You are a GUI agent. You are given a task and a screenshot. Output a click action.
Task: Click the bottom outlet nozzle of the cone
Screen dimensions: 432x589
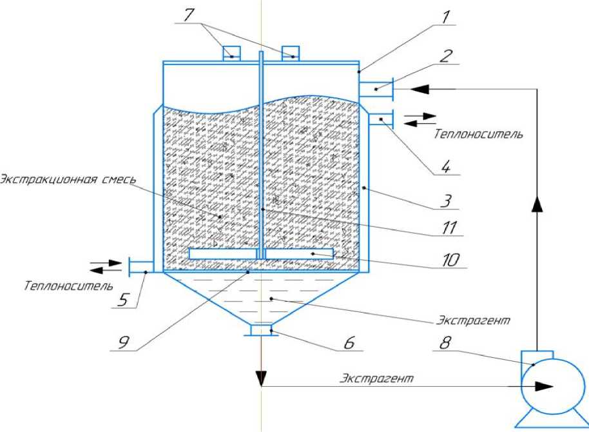point(261,331)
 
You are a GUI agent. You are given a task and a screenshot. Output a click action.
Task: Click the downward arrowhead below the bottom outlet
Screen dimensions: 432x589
point(261,379)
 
